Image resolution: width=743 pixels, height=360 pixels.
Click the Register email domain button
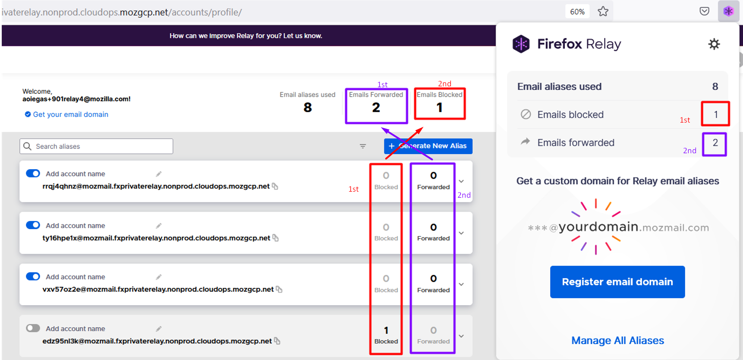(617, 282)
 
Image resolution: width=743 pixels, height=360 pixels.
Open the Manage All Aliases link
(617, 341)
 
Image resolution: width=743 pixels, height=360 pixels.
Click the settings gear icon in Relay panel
(714, 44)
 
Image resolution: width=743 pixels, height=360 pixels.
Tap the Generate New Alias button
(428, 146)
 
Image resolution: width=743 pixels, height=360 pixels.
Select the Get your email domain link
(70, 114)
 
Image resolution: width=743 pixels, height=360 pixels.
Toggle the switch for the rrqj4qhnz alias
(33, 174)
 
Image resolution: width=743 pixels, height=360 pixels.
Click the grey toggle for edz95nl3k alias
(33, 328)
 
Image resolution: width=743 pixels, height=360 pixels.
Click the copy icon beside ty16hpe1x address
(276, 238)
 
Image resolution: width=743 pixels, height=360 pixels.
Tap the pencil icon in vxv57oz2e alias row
(159, 277)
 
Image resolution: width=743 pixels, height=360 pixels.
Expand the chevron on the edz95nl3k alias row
(461, 336)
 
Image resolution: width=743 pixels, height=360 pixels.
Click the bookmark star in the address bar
(603, 12)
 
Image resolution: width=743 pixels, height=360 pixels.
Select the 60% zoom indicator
(577, 12)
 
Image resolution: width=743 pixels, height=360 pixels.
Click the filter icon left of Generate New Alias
(363, 146)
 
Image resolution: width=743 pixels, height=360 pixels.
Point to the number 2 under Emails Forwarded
(376, 107)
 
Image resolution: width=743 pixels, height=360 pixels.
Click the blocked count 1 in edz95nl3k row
(386, 330)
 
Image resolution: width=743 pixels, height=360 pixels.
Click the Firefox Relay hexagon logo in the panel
(521, 44)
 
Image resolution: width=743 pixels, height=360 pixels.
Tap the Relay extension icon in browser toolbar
(728, 11)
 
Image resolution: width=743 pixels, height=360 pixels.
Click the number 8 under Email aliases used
(307, 107)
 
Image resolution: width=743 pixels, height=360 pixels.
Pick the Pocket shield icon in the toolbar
(704, 11)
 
